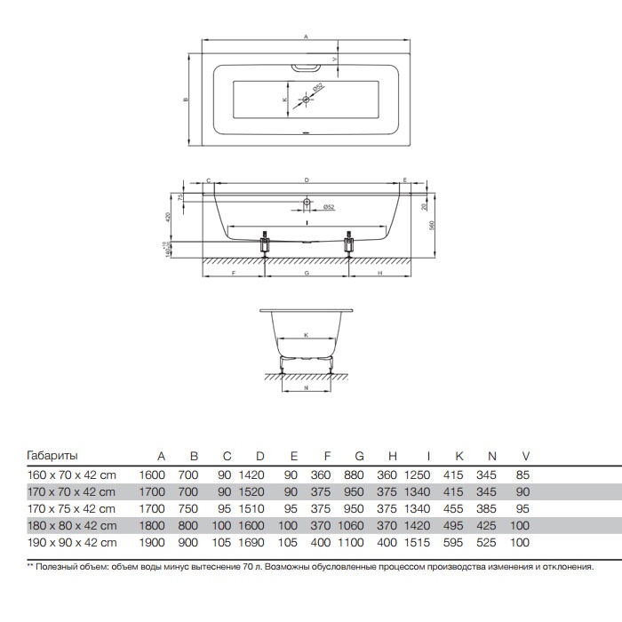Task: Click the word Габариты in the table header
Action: (x=52, y=455)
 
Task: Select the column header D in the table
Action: (x=259, y=456)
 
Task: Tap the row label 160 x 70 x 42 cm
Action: (x=71, y=474)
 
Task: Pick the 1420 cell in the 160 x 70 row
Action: (x=251, y=474)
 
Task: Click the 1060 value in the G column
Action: (x=351, y=526)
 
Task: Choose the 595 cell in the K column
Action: (x=453, y=543)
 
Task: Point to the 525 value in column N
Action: (x=486, y=543)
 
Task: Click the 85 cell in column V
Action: (x=522, y=474)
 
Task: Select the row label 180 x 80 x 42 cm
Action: (x=72, y=526)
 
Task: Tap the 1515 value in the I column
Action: (x=417, y=543)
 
